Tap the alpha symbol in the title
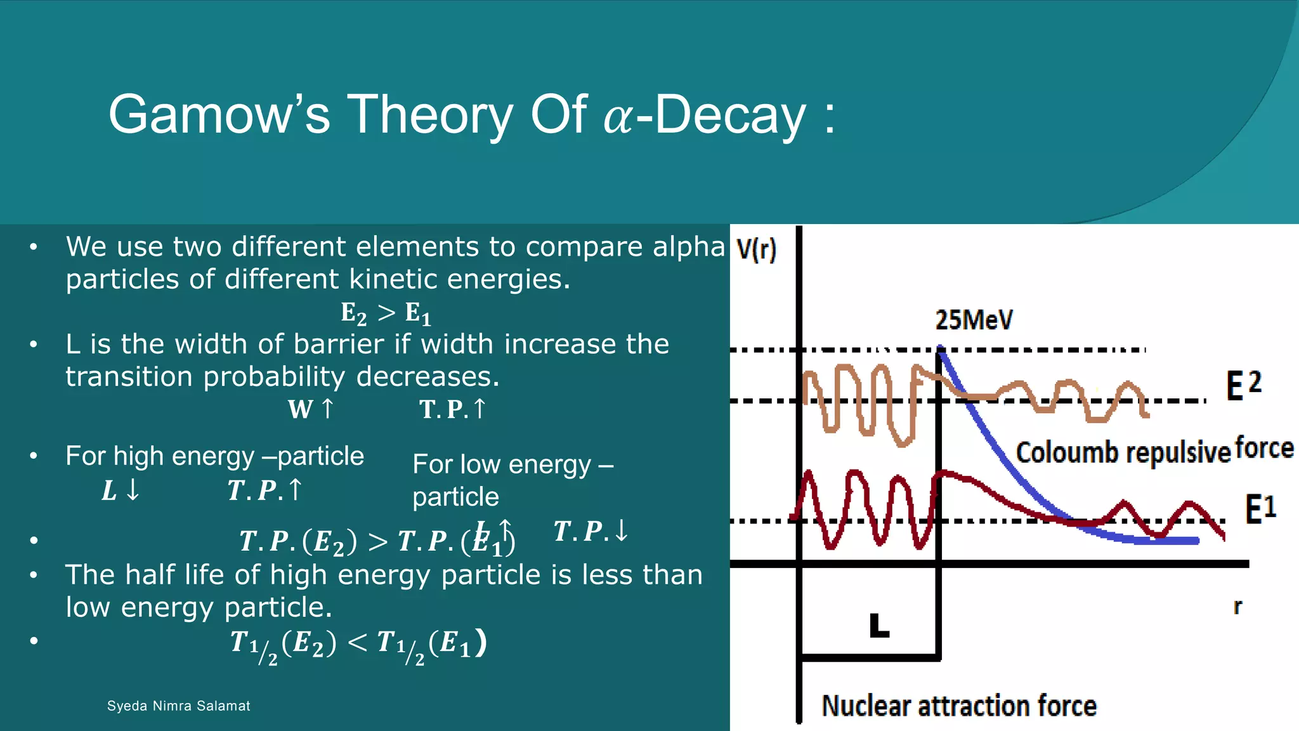[618, 118]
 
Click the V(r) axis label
[756, 249]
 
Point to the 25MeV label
[974, 320]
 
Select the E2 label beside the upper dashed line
[1243, 385]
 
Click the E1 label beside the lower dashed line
[1260, 509]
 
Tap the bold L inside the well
[879, 626]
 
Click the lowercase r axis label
[1237, 607]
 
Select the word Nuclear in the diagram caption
[865, 706]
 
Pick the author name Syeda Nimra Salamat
[178, 706]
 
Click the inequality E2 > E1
[386, 313]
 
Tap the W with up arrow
[311, 409]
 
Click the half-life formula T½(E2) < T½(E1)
[358, 644]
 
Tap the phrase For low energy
[501, 464]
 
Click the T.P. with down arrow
[591, 531]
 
